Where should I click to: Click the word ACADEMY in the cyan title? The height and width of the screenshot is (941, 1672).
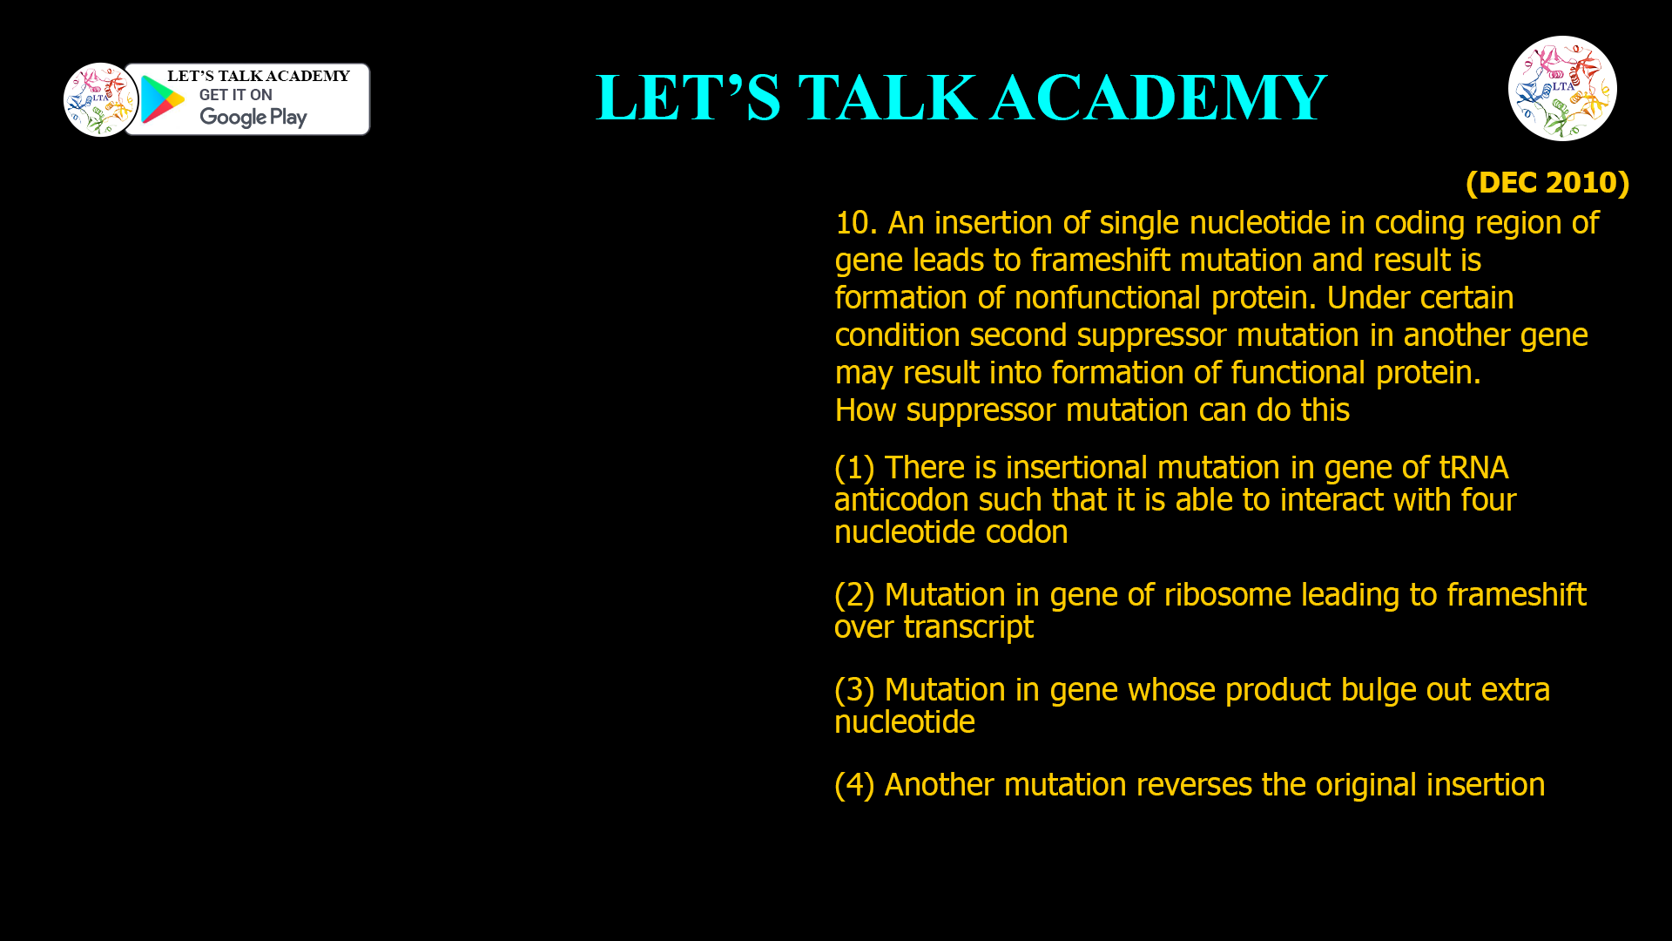[x=1158, y=97]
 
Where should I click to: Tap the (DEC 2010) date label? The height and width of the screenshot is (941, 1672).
[x=1547, y=182]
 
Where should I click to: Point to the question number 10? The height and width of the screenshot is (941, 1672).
[x=855, y=223]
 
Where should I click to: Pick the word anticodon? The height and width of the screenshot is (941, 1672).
[x=901, y=500]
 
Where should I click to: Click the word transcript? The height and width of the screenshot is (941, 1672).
[x=967, y=627]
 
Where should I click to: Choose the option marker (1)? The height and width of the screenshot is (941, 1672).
[x=853, y=468]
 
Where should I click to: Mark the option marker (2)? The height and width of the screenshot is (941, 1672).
[x=853, y=595]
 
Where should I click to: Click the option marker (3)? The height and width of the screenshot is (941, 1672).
[x=853, y=690]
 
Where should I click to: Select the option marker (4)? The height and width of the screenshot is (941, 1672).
[x=853, y=785]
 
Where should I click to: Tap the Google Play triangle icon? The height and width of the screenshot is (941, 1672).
[x=162, y=100]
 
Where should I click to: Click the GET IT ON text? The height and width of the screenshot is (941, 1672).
[x=235, y=95]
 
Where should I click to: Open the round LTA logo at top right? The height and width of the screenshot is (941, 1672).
[x=1562, y=88]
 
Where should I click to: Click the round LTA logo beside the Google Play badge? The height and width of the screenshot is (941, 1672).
[x=100, y=99]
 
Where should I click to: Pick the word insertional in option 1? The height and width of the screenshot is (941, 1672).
[x=1076, y=468]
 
